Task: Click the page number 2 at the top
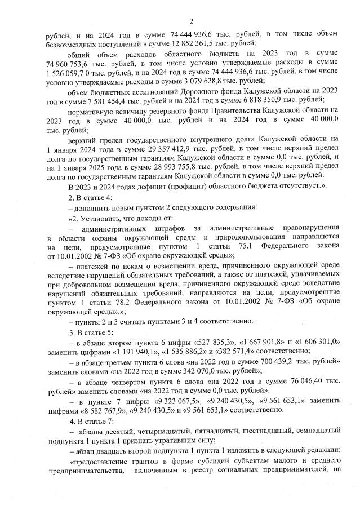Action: click(191, 21)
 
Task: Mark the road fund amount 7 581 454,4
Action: click(96, 101)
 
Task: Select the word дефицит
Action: click(135, 187)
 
